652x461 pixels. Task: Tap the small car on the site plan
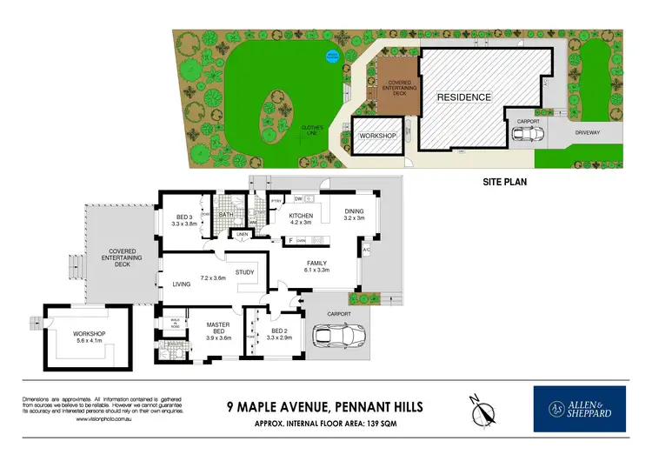tap(526, 134)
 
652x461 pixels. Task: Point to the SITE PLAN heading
tap(507, 184)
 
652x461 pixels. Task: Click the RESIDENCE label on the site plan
tap(463, 97)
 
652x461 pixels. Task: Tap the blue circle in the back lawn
tap(331, 57)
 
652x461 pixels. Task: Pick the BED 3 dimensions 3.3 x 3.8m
tap(186, 224)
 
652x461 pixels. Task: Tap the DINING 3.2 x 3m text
tap(354, 214)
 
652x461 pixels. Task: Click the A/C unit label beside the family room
tap(366, 251)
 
